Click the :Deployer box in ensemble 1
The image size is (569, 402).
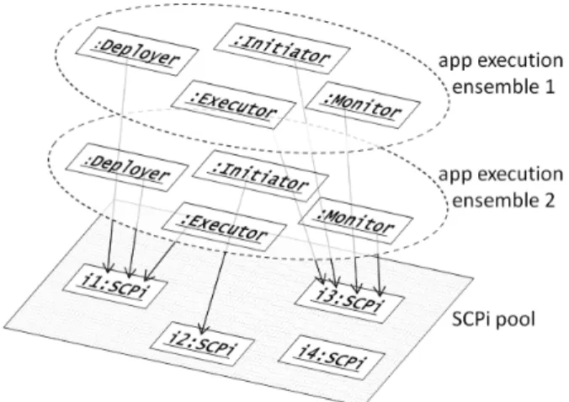point(137,53)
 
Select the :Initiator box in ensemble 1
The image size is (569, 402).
point(282,49)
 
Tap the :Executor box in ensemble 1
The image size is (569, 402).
point(233,105)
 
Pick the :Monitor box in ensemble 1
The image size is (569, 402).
point(363,105)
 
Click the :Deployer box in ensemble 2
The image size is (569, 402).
point(127,168)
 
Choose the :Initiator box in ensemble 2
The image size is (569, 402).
point(261,176)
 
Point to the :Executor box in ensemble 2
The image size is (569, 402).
point(224,227)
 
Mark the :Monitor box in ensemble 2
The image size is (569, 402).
point(355,222)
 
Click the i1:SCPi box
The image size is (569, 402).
point(115,286)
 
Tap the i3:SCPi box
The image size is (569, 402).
point(350,300)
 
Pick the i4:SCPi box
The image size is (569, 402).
point(332,357)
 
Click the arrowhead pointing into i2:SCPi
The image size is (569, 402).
point(203,330)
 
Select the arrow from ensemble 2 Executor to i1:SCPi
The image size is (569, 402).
point(160,262)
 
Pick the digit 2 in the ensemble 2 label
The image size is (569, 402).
point(549,201)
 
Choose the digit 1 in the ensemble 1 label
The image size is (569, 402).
point(549,87)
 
